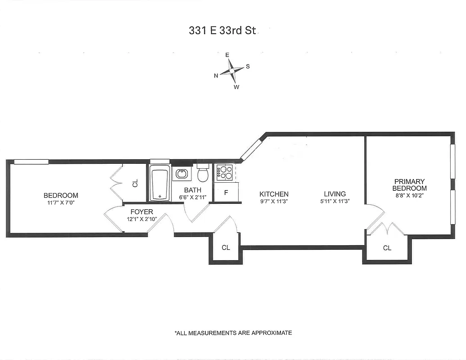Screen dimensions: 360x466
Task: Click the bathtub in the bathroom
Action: (160, 183)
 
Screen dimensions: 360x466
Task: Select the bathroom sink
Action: (181, 174)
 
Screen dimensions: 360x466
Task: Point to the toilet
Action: (203, 173)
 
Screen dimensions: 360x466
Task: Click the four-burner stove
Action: (225, 172)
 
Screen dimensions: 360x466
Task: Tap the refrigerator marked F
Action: (225, 193)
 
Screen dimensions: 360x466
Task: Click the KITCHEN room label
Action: (274, 194)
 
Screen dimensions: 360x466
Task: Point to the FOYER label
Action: (142, 211)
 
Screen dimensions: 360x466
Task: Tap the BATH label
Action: (192, 190)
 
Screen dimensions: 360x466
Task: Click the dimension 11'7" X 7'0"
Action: (61, 203)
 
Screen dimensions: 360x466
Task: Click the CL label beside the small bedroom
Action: (135, 183)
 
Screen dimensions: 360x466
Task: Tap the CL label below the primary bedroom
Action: (387, 248)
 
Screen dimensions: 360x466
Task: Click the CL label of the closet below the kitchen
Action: (226, 247)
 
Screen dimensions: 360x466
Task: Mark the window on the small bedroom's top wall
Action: (31, 162)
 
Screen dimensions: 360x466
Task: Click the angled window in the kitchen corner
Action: (251, 150)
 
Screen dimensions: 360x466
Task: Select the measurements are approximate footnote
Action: (233, 333)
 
